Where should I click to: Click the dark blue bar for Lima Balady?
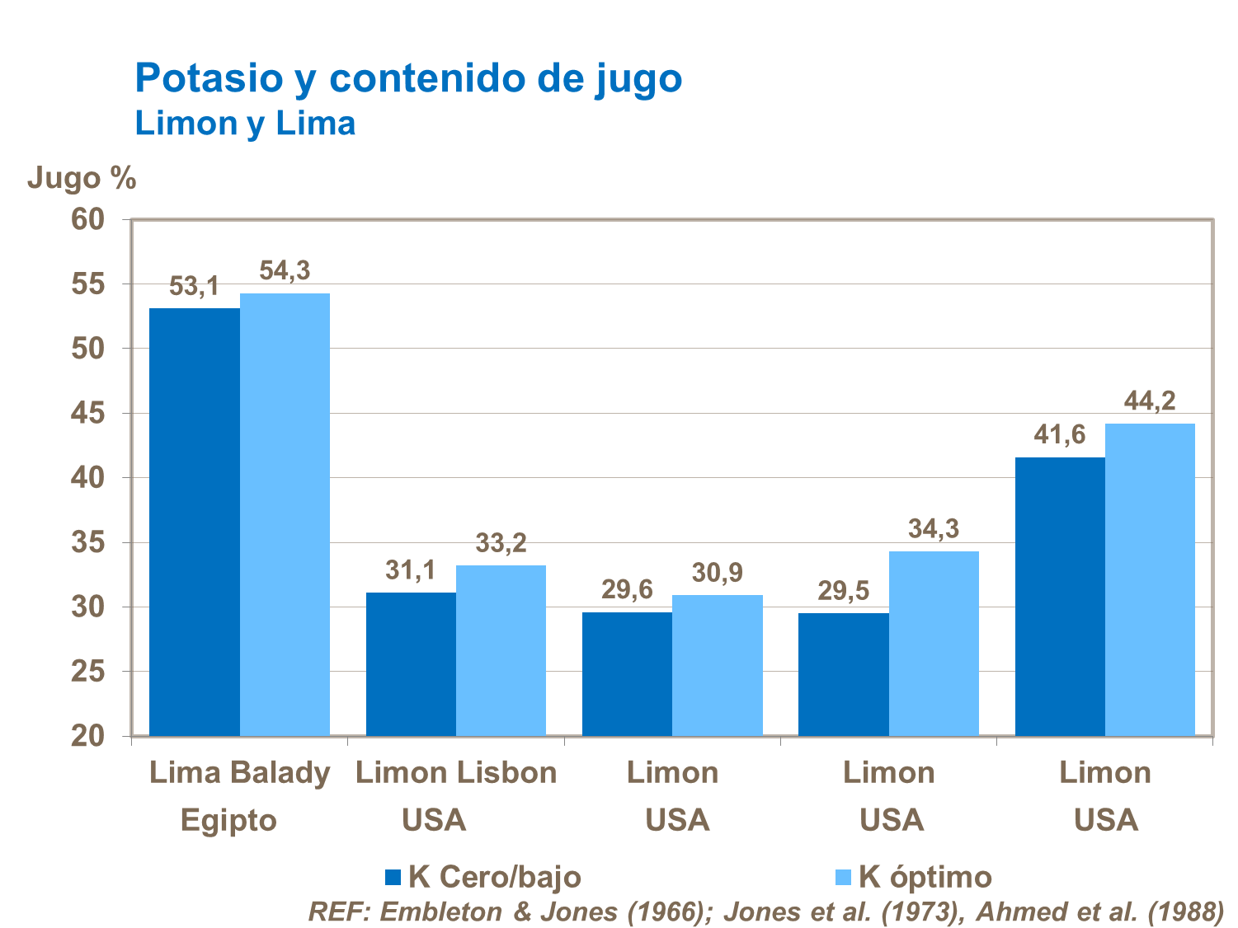195,522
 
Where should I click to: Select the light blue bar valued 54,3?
285,514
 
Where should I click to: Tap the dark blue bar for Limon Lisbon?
411,663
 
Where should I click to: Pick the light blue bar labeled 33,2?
501,650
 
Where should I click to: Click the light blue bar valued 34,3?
934,643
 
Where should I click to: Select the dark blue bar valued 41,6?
1060,596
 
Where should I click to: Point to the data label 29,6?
627,590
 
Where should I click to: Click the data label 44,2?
1150,401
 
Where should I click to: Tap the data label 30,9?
717,573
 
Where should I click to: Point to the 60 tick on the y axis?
88,219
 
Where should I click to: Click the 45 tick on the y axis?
88,413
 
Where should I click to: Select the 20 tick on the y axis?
88,736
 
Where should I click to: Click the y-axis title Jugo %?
82,178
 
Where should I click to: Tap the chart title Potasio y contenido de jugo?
408,78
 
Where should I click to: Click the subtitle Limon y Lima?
245,124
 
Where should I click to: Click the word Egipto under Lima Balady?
228,821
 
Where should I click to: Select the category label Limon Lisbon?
456,773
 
